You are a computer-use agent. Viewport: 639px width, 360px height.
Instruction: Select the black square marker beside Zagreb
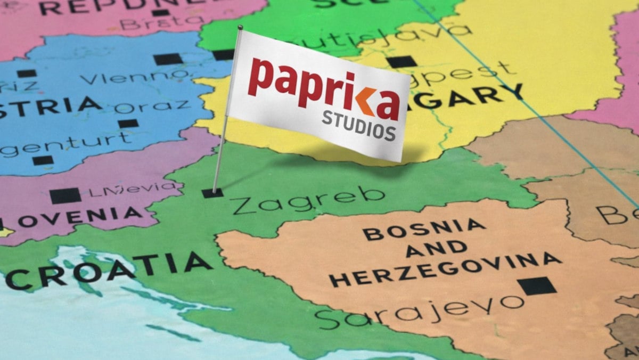pyautogui.click(x=212, y=193)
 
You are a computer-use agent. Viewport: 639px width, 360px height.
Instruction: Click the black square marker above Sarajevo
pyautogui.click(x=537, y=286)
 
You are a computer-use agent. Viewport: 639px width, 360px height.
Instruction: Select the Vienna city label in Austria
pyautogui.click(x=136, y=76)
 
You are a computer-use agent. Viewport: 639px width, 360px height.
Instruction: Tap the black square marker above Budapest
pyautogui.click(x=400, y=61)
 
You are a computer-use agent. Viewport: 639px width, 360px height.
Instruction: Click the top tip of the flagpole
pyautogui.click(x=240, y=27)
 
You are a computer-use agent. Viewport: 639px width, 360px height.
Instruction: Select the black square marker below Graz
pyautogui.click(x=128, y=124)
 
